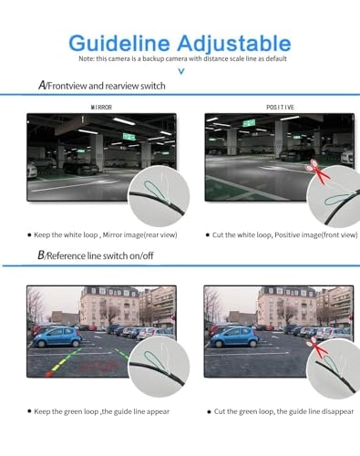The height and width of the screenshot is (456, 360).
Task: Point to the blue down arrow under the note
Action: tap(180, 70)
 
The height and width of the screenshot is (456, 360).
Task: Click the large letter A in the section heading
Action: tap(44, 85)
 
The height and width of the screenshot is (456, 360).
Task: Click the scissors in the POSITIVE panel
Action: tap(316, 167)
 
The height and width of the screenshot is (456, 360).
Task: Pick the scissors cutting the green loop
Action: tap(315, 344)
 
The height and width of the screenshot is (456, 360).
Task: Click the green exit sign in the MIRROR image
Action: tap(129, 137)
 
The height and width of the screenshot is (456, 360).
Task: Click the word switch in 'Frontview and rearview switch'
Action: tap(148, 86)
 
